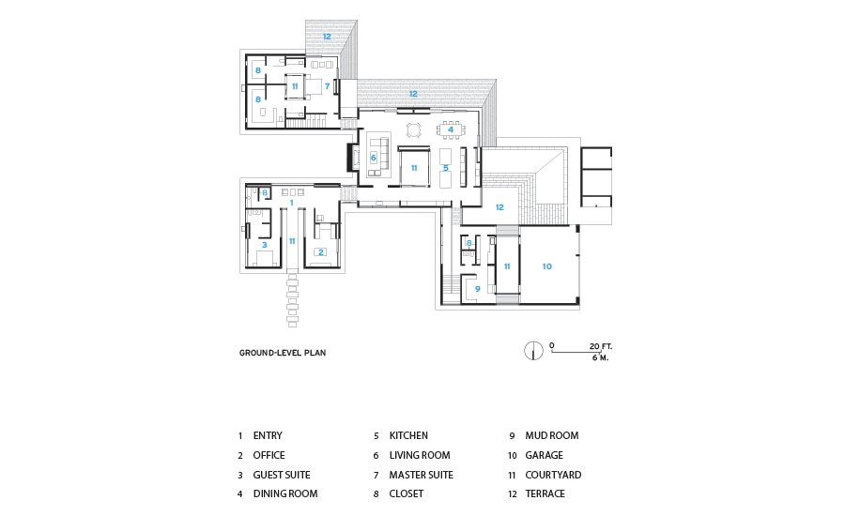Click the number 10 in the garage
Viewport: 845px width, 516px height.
(x=547, y=266)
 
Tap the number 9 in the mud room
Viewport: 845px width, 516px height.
(x=478, y=289)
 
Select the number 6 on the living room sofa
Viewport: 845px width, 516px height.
(x=373, y=158)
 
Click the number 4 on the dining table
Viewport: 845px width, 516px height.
(x=451, y=129)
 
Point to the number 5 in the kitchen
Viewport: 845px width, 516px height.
(x=446, y=168)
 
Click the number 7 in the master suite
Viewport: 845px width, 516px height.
(x=327, y=86)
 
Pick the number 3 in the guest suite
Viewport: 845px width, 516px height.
(x=264, y=245)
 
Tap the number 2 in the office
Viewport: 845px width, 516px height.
(x=321, y=252)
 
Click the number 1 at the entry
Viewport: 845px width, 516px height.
(x=292, y=203)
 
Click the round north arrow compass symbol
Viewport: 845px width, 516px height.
(x=533, y=351)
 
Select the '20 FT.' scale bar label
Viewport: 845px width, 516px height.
(x=601, y=346)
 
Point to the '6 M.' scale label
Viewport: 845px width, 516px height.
(x=600, y=357)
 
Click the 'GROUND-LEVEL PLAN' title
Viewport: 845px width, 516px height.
(x=283, y=353)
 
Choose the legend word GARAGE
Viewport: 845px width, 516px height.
(x=544, y=455)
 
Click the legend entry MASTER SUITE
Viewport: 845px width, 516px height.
(x=421, y=475)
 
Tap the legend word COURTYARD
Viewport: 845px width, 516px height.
(x=553, y=475)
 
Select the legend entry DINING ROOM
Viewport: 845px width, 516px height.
(x=285, y=493)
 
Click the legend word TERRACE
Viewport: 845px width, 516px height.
(x=545, y=493)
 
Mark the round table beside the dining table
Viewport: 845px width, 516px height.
(x=413, y=129)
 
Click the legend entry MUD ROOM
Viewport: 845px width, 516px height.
(x=552, y=435)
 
